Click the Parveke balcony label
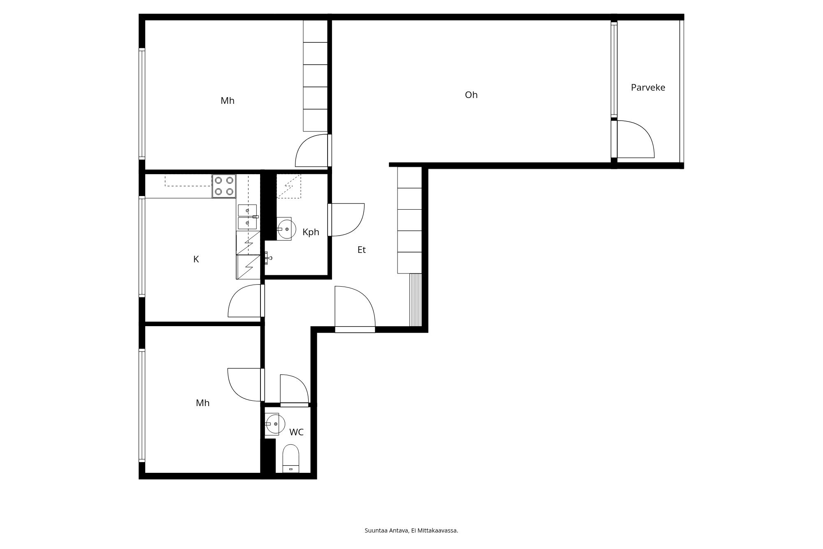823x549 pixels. coord(648,87)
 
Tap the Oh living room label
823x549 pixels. coord(471,95)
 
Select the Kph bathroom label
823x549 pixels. coord(311,232)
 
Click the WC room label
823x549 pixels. coord(296,432)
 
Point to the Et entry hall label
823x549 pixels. coord(361,250)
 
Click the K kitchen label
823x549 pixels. coord(196,259)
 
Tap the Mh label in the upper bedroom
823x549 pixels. coord(227,100)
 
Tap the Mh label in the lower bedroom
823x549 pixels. coord(202,403)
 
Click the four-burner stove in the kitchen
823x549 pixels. coord(224,186)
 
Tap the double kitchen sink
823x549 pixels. coord(247,217)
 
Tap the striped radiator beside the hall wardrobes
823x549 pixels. coord(416,299)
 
